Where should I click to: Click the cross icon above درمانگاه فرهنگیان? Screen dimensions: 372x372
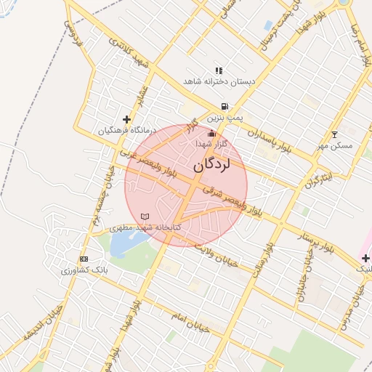pyautogui.click(x=126, y=119)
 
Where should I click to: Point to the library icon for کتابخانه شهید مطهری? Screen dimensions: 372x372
pyautogui.click(x=145, y=217)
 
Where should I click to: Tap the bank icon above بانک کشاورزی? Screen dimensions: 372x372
pyautogui.click(x=84, y=259)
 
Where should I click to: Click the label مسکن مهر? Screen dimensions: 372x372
pyautogui.click(x=334, y=145)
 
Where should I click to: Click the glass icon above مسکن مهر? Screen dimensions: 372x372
pyautogui.click(x=334, y=134)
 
